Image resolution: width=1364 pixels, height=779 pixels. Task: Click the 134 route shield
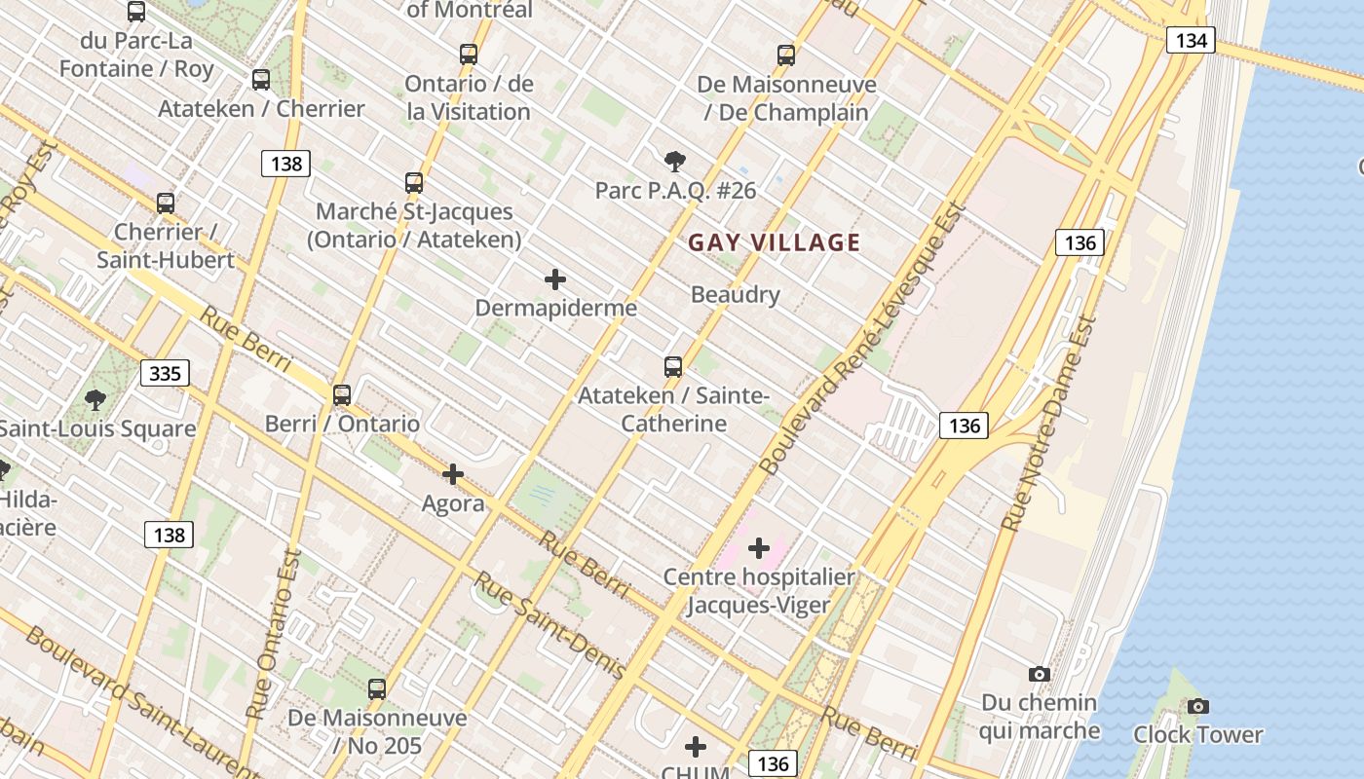(1191, 40)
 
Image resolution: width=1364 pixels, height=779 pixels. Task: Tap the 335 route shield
(166, 373)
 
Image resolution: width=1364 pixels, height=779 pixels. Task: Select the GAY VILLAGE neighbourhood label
(775, 242)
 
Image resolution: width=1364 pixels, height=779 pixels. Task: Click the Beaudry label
(735, 294)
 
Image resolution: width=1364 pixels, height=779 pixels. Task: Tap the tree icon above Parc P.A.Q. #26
(674, 162)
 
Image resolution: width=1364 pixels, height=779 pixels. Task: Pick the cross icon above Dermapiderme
(555, 280)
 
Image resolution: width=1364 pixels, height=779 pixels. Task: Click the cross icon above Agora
(453, 475)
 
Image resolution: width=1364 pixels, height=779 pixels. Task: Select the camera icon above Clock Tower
(1198, 706)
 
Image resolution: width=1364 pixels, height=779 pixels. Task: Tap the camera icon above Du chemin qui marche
(1040, 674)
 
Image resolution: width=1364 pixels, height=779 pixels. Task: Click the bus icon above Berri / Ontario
(342, 395)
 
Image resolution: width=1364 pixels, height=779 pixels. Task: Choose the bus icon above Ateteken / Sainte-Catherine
(673, 367)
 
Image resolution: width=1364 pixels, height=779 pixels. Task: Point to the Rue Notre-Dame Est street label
(1050, 424)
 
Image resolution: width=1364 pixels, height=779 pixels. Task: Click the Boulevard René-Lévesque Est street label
(863, 338)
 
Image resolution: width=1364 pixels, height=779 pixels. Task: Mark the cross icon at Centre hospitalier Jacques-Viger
(759, 549)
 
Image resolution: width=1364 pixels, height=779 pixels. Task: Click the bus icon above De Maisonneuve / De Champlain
(786, 56)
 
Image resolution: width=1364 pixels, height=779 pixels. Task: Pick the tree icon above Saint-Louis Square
(95, 399)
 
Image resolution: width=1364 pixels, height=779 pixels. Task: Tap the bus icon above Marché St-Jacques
(414, 183)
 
